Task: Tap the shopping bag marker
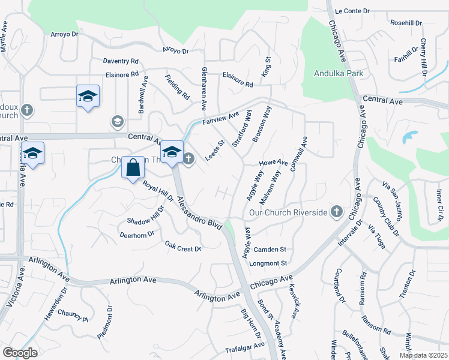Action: pos(133,169)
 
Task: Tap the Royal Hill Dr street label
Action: pos(158,191)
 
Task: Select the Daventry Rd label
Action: pos(121,61)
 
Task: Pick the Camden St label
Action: pos(270,250)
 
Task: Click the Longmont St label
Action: pos(270,263)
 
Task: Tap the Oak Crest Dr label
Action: pos(183,246)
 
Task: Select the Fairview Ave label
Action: pos(220,118)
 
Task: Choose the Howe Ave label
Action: pos(273,163)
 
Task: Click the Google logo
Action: pos(20,353)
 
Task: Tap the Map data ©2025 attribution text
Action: pos(423,355)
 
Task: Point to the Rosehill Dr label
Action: pos(406,23)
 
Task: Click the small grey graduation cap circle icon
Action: pos(118,122)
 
